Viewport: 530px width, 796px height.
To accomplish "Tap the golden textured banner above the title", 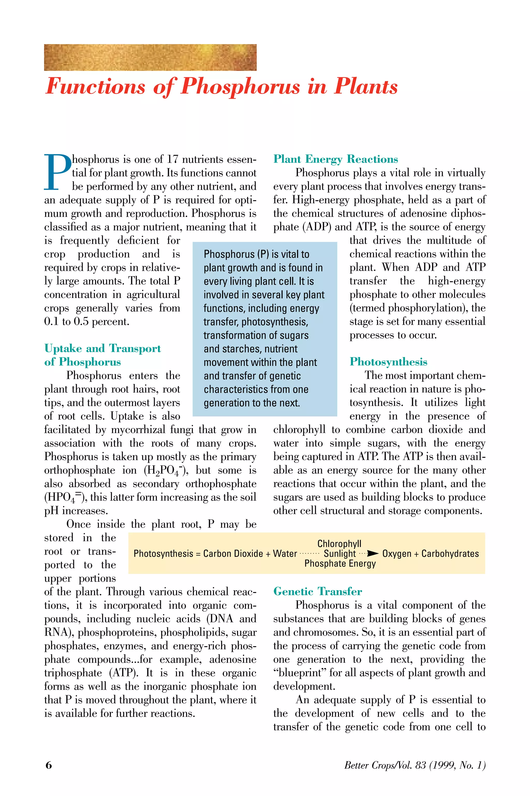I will tap(150, 57).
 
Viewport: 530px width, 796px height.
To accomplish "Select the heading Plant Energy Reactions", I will tap(335, 159).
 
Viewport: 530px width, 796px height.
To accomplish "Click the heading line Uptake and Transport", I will tap(102, 348).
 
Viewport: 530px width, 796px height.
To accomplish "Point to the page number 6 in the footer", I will tap(49, 765).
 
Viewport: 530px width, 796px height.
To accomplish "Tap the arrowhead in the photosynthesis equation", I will tap(373, 554).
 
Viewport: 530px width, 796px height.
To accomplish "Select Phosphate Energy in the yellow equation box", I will tap(340, 564).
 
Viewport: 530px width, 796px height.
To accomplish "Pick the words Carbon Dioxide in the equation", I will tap(233, 554).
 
